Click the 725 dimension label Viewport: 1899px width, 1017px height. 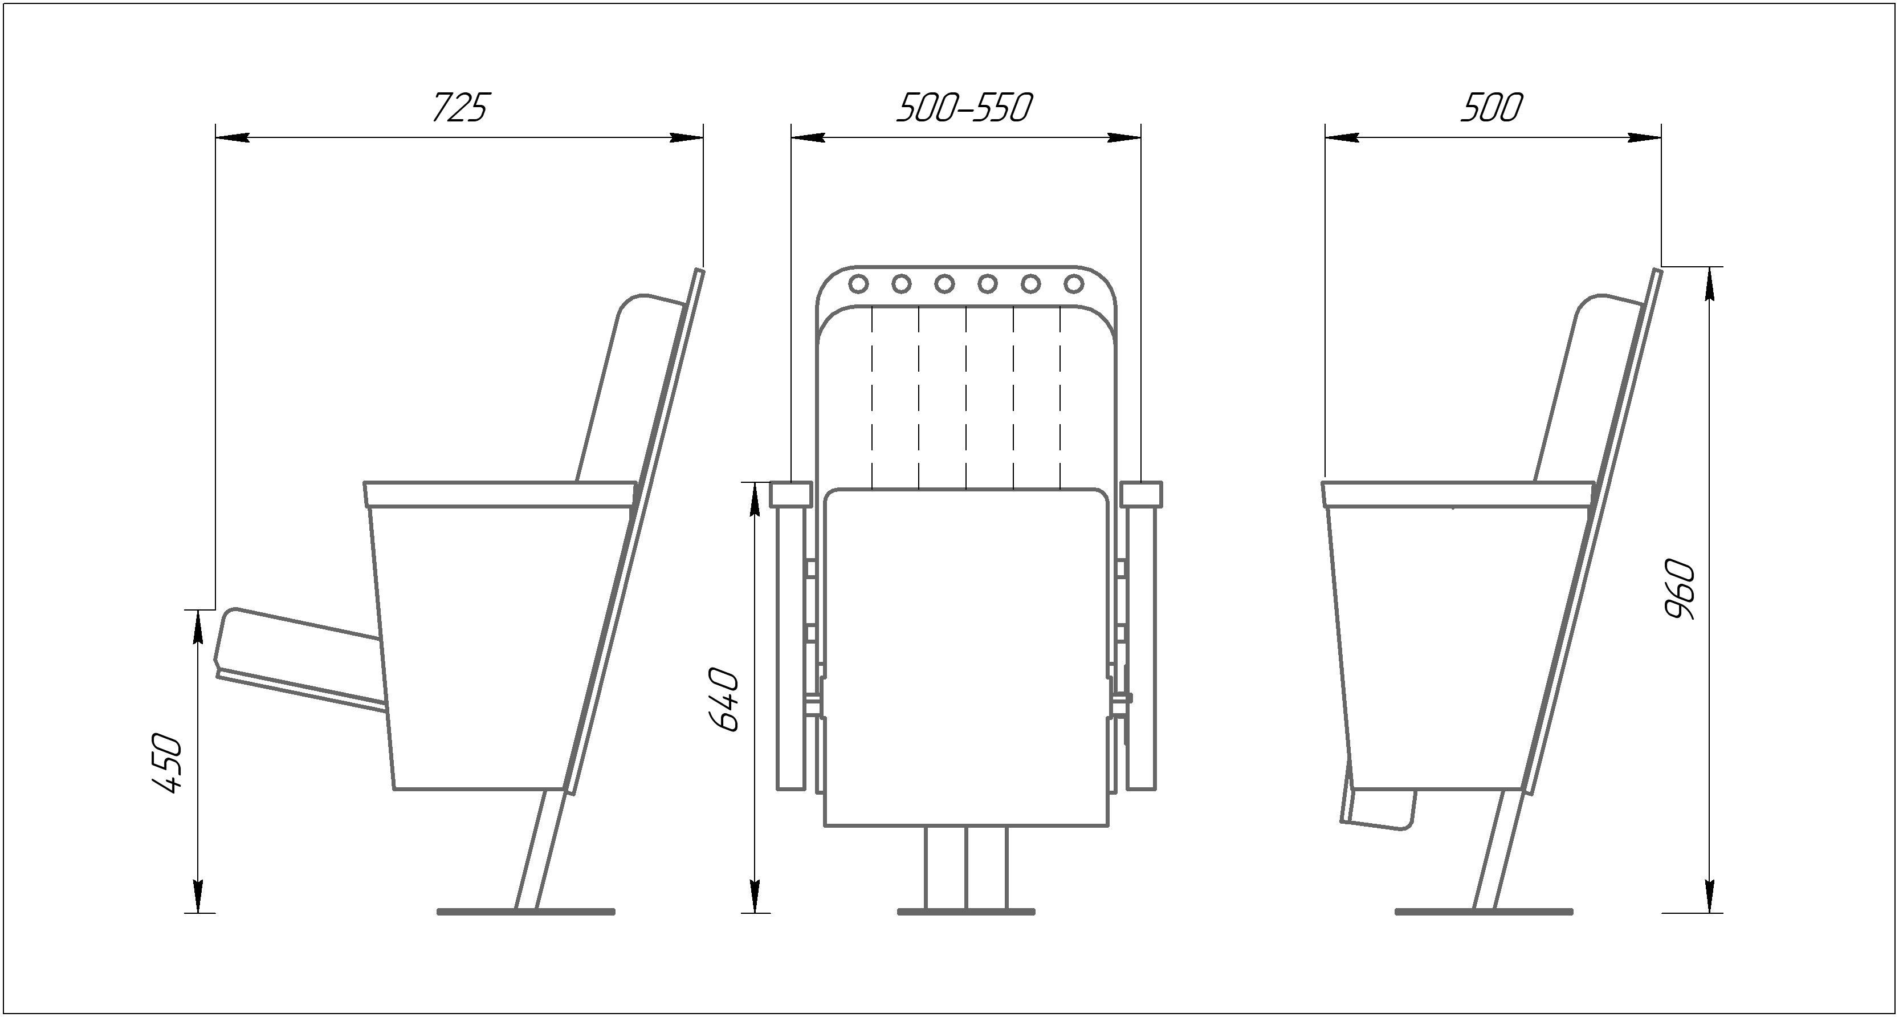click(x=460, y=108)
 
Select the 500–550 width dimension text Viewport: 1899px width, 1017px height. click(x=965, y=108)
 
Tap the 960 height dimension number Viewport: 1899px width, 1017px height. click(x=1680, y=589)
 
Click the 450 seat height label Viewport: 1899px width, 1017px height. click(x=166, y=763)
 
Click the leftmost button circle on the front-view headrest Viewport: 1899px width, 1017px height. click(x=858, y=283)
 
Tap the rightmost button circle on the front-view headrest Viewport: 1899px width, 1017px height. click(x=1074, y=283)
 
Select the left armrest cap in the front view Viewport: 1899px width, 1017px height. click(x=791, y=494)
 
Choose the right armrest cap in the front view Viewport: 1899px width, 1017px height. click(x=1141, y=494)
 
